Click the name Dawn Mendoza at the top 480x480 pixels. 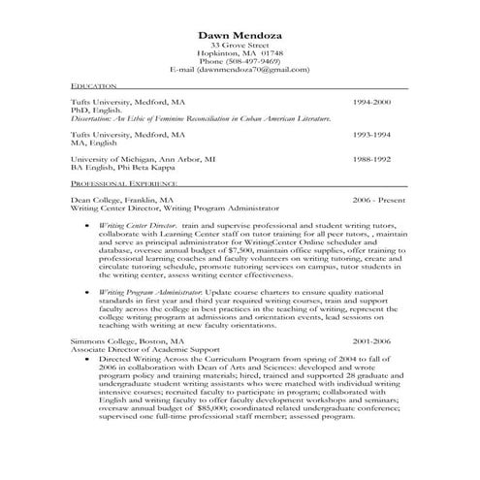point(239,33)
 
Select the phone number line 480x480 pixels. point(239,61)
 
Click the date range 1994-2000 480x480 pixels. point(371,101)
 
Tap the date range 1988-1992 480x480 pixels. point(371,158)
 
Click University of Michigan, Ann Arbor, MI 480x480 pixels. point(143,158)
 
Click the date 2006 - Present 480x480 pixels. point(379,198)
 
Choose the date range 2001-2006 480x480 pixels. point(371,341)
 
